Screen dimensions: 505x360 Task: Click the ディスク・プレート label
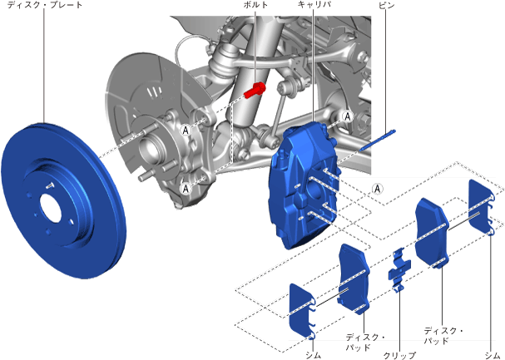[x=45, y=5]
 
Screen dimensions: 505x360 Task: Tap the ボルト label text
[x=255, y=5]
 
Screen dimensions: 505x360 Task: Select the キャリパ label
[x=314, y=4]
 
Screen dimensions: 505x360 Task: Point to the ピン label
[x=386, y=5]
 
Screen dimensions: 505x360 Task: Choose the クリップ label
[x=399, y=355]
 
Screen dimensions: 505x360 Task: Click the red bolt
[x=255, y=90]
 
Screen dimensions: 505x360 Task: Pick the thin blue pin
[x=378, y=141]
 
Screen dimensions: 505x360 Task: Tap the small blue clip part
[x=399, y=269]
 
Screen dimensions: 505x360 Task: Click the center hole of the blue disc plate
[x=50, y=210]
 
